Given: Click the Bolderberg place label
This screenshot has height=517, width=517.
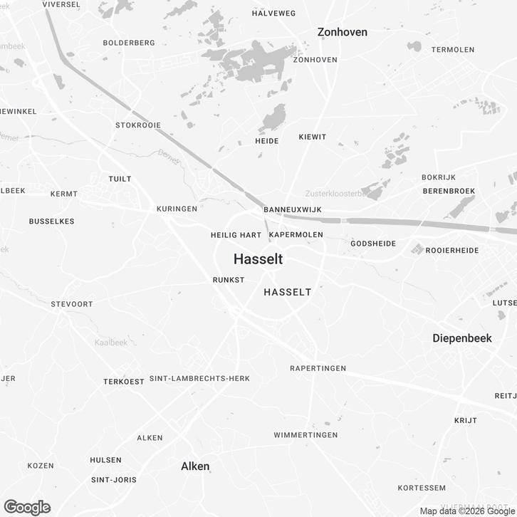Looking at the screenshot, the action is (x=129, y=43).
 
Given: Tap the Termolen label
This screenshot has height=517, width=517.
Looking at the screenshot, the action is (x=453, y=50).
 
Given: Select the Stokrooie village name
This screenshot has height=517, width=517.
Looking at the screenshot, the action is (x=138, y=125).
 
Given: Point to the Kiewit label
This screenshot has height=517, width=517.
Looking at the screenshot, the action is (x=313, y=136).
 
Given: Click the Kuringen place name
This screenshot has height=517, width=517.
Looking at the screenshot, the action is (x=177, y=209).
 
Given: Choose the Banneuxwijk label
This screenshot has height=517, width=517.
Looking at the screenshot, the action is (x=293, y=210).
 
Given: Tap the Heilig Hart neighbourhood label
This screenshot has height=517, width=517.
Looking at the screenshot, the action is (x=236, y=235).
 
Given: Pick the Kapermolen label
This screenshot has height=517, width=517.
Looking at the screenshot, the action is (x=296, y=234).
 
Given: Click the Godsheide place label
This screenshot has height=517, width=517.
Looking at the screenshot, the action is (x=373, y=244).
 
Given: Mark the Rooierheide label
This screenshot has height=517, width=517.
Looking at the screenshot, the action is (x=453, y=251).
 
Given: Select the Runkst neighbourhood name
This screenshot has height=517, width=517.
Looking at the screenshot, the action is (x=229, y=281).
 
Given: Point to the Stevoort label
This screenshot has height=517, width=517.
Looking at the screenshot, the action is (x=72, y=304).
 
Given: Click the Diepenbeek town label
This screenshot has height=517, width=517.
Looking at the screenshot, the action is (x=462, y=338).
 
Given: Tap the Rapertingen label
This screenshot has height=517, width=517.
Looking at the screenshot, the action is (x=318, y=368).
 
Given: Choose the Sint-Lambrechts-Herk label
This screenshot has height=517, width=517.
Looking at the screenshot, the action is (x=199, y=379).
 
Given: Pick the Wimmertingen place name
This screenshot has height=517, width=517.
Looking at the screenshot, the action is (x=305, y=435).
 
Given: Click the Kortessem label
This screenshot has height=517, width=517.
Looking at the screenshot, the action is (x=422, y=488).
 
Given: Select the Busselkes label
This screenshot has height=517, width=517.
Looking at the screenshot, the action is (x=52, y=221).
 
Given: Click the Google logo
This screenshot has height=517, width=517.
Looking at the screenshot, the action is (x=27, y=507).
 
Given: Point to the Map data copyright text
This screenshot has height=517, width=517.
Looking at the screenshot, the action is (x=466, y=511).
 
